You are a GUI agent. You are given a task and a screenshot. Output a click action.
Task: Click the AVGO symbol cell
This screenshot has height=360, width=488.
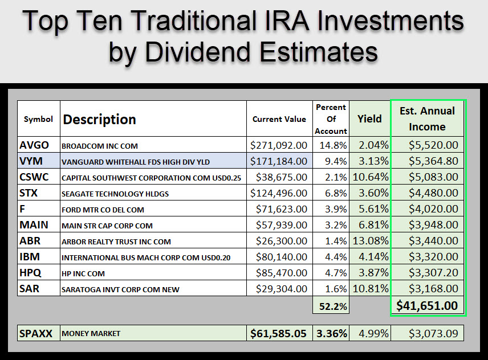coord(34,145)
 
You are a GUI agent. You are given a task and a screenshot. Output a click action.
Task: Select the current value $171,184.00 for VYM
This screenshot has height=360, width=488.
coord(279,161)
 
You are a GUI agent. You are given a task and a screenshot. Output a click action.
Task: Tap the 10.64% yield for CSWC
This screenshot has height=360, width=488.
coord(369,177)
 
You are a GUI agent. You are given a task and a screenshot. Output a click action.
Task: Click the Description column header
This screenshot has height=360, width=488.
coord(100,120)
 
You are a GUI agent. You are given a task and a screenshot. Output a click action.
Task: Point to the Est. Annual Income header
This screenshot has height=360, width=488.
coord(427,118)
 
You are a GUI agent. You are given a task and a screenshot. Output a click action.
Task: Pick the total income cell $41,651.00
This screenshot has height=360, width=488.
coord(428,306)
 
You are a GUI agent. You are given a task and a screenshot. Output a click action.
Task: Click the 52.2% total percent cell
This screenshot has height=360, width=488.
coord(331,306)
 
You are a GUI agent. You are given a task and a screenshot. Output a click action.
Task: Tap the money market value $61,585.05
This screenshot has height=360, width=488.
coord(279,333)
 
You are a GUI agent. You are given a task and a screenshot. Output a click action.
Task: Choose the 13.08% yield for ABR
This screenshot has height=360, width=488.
coord(369,241)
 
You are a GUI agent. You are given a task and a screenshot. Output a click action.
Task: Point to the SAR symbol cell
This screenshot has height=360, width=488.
coord(30,289)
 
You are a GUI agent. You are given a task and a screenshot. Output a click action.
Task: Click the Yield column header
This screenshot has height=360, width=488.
coord(369,119)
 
